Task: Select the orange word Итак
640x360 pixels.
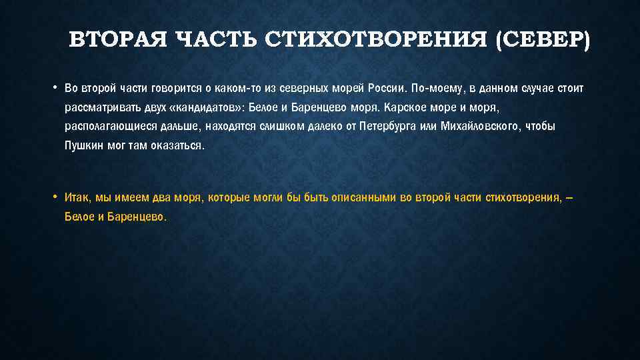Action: (x=78, y=198)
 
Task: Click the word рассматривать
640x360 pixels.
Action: (x=98, y=107)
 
